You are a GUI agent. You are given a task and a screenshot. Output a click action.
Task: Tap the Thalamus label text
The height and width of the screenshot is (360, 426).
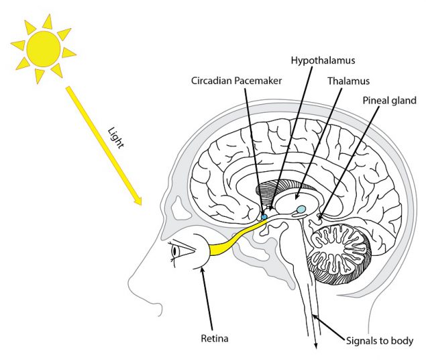[349, 81]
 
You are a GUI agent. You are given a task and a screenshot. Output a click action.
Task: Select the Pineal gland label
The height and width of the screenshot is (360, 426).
[390, 101]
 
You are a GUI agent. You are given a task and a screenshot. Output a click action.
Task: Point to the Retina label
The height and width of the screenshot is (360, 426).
[214, 339]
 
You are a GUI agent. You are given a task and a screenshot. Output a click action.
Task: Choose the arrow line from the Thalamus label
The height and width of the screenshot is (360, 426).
[318, 140]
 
